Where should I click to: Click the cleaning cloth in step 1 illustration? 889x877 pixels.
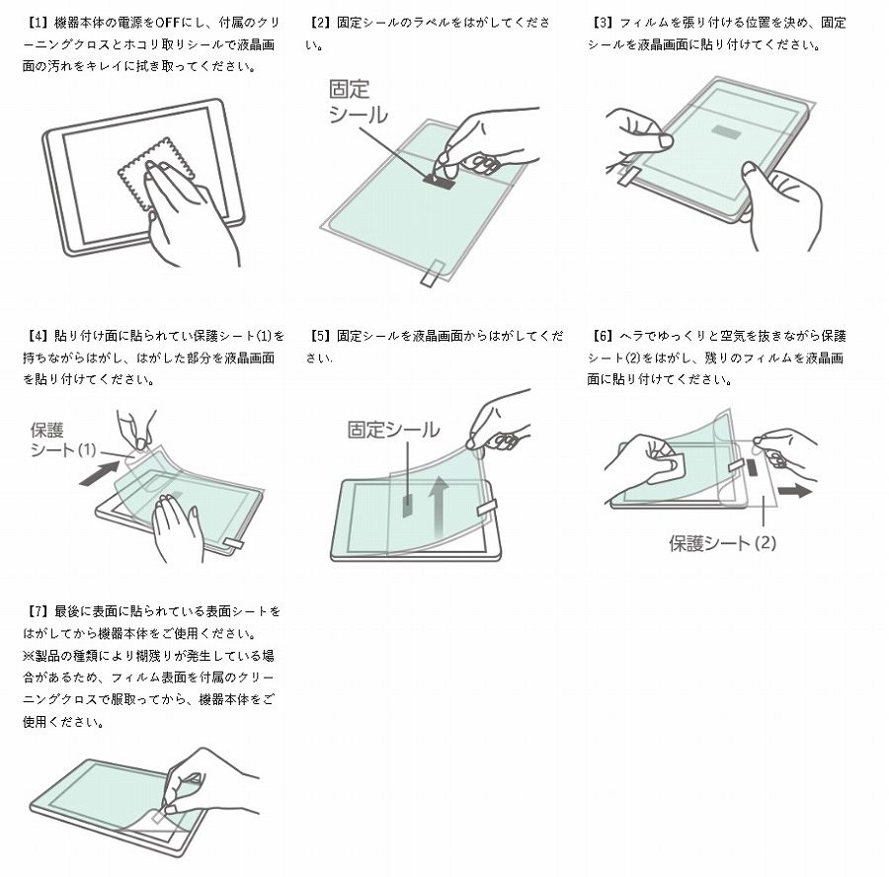coord(148,176)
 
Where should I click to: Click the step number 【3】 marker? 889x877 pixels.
coord(603,23)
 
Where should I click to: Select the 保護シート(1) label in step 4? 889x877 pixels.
coord(62,440)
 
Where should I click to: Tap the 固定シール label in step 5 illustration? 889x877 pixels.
coord(393,430)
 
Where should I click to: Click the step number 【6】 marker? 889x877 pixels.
coord(603,336)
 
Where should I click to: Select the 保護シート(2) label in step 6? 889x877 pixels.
coord(722,542)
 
